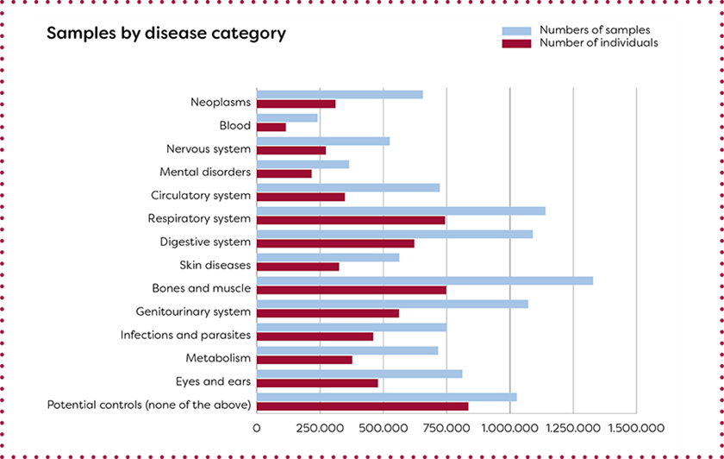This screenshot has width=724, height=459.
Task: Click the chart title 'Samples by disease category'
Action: click(165, 34)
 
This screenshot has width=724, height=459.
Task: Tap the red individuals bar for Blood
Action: click(271, 127)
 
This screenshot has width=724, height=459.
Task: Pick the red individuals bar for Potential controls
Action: click(362, 406)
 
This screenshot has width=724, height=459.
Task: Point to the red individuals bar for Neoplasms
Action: click(296, 104)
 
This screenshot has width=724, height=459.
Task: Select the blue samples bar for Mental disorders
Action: click(303, 164)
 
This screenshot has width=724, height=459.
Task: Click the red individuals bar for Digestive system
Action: click(335, 243)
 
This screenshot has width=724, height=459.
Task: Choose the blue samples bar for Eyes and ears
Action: click(359, 374)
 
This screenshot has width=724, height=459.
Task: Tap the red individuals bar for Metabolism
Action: click(304, 360)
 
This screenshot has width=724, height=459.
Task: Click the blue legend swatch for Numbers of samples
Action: click(516, 31)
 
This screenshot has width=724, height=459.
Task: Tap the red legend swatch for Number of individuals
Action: click(516, 43)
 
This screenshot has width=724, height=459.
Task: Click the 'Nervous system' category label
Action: click(209, 149)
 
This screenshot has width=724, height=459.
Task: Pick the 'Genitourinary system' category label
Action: click(193, 311)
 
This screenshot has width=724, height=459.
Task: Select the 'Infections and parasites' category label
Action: click(185, 335)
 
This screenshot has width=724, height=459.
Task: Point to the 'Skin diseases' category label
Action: click(215, 265)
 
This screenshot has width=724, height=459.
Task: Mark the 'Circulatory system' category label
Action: click(201, 196)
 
